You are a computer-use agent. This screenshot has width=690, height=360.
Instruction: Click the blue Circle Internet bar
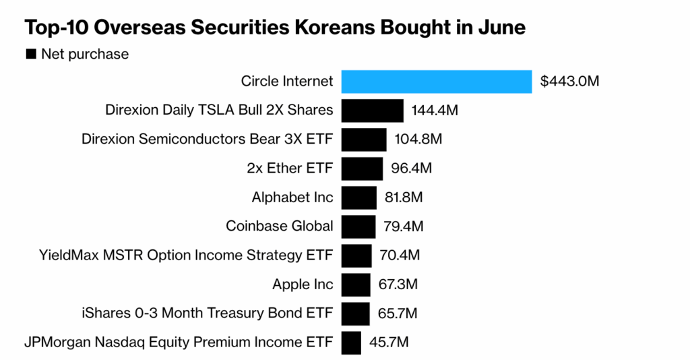[437, 82]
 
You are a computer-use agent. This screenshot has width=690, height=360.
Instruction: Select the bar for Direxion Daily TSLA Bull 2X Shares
[373, 111]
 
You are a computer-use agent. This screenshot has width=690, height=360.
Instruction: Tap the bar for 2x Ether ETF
[362, 169]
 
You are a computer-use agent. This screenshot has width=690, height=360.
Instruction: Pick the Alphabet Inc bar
[359, 198]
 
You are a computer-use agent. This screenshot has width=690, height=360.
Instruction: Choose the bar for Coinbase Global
[358, 227]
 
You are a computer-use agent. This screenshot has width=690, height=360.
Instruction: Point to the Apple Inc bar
[356, 284]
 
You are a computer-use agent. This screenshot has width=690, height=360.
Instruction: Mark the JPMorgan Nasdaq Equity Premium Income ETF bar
[351, 342]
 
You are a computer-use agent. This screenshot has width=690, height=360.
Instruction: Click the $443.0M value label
[569, 82]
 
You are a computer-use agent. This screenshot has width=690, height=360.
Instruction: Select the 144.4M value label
[435, 111]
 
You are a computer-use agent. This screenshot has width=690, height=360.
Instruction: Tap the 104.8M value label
[418, 140]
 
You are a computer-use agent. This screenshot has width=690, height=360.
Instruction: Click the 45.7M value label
[389, 342]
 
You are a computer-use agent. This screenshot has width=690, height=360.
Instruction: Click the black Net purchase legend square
[30, 54]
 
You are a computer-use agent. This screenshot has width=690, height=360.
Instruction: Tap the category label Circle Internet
[287, 82]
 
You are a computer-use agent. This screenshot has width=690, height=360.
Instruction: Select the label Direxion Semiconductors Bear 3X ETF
[208, 140]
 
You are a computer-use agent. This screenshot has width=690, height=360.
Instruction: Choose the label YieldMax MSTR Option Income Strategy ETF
[187, 256]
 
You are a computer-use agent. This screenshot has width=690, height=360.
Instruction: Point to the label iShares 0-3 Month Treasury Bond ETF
[206, 313]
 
